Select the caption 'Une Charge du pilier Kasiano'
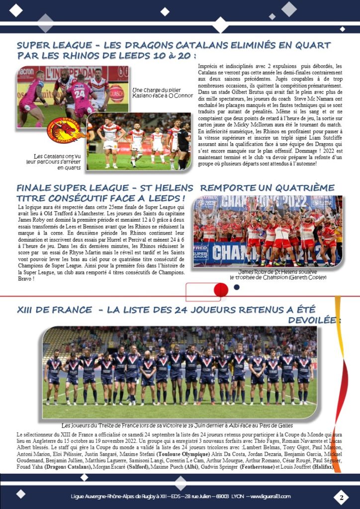(x=162, y=92)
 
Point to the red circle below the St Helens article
(x=221, y=290)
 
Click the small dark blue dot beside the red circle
(x=237, y=287)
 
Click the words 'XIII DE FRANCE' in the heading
(x=54, y=310)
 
